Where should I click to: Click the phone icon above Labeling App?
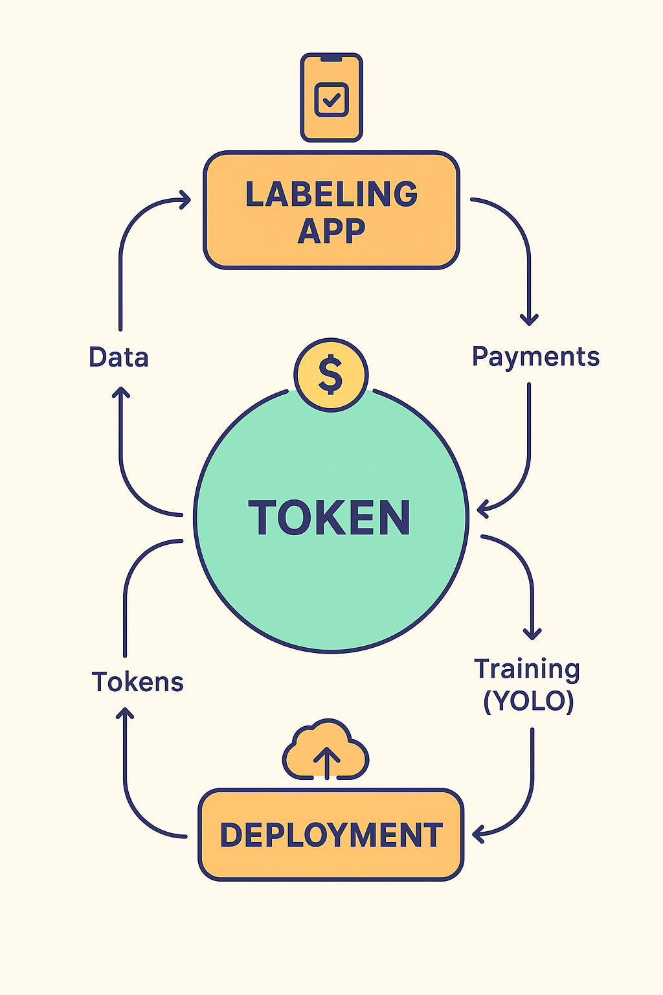[331, 97]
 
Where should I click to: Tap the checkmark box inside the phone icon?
[331, 100]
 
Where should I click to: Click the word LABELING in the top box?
[331, 194]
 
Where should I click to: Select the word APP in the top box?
[331, 231]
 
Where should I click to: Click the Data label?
[118, 358]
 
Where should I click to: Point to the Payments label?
[535, 357]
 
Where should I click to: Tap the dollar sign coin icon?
[331, 374]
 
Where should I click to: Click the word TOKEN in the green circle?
[330, 518]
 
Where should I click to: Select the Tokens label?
[137, 682]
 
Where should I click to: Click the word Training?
[526, 669]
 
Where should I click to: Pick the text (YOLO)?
[528, 701]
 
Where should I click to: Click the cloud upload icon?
[326, 751]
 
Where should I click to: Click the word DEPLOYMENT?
[331, 835]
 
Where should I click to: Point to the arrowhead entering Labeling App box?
[186, 200]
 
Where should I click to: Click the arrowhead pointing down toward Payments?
[530, 319]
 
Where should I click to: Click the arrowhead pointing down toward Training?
[532, 634]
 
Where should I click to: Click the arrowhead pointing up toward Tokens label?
[124, 713]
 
